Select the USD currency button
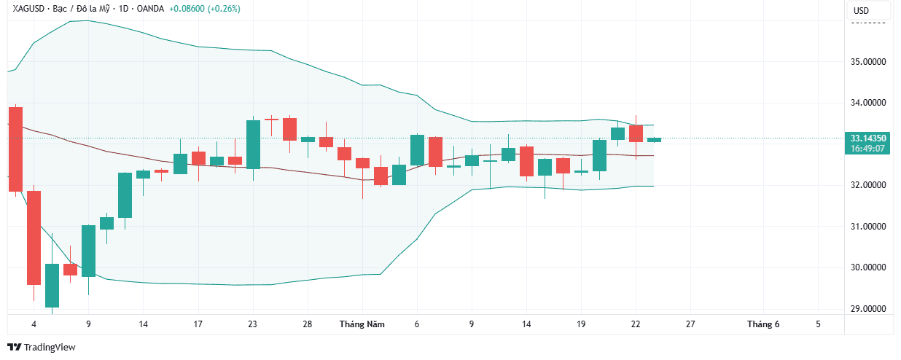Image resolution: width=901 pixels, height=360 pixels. click(x=861, y=11)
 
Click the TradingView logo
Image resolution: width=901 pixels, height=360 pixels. click(x=42, y=348)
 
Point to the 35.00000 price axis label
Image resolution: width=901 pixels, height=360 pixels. click(x=867, y=62)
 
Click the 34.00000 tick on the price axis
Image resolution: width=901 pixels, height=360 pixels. click(x=867, y=103)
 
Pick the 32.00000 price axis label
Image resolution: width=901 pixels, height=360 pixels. click(x=867, y=185)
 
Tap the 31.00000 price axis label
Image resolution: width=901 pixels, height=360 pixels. click(x=867, y=227)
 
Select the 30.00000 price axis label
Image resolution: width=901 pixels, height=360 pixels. click(x=867, y=267)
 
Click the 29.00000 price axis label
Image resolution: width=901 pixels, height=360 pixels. click(x=867, y=309)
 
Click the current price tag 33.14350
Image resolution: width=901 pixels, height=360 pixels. click(x=867, y=138)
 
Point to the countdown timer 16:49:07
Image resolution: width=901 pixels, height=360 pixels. click(x=867, y=148)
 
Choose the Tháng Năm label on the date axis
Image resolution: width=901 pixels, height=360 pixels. click(x=362, y=324)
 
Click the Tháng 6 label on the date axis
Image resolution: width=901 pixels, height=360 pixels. click(x=763, y=324)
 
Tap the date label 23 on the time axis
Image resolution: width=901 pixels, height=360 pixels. click(x=252, y=324)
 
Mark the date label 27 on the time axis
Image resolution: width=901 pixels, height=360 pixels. click(x=690, y=324)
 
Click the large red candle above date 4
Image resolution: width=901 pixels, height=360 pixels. click(x=16, y=149)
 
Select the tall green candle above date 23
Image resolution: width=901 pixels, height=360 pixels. click(x=253, y=144)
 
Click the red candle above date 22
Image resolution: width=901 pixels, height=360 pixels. click(x=636, y=133)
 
